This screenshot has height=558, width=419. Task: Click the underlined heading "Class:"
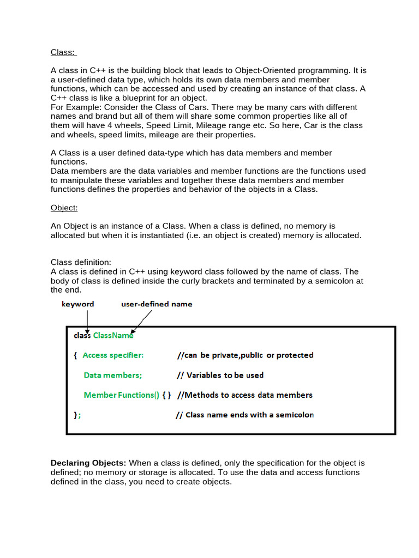63,52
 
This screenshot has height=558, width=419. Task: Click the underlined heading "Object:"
64,208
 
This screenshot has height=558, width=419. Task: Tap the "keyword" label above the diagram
77,304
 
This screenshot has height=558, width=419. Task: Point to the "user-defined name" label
157,304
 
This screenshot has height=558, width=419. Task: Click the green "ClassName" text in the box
113,336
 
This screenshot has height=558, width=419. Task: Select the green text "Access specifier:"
113,355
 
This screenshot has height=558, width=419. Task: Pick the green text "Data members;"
113,375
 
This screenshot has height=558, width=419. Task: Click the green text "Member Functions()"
121,395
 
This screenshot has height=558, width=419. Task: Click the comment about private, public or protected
245,355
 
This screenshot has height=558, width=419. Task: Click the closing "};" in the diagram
77,415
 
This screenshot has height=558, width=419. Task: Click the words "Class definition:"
81,262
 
